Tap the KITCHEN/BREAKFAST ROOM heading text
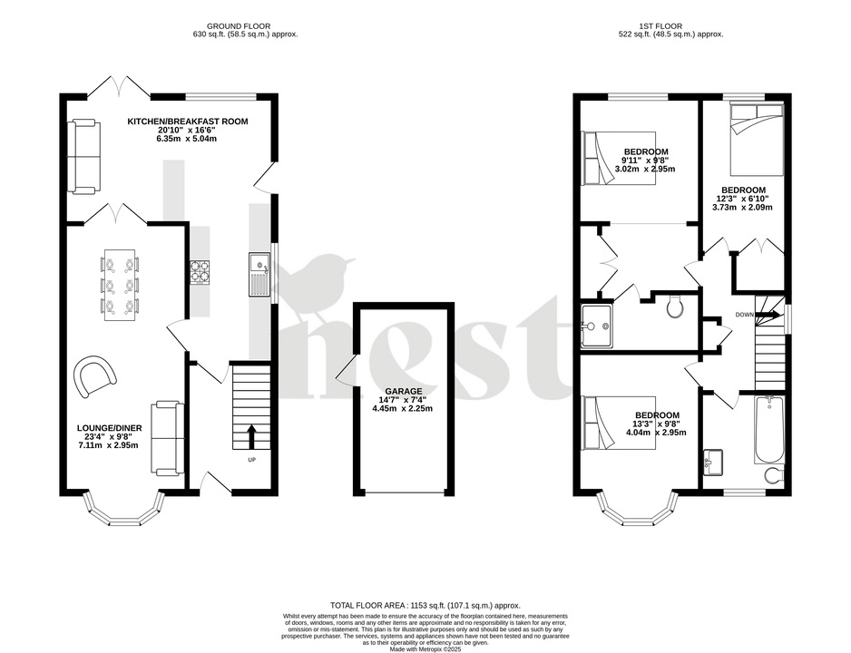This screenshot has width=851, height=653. pos(187,122)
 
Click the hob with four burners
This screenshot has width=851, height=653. pos(199,270)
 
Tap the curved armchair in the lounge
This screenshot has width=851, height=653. pos(95,375)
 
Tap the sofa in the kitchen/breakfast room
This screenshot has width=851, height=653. pos(82,156)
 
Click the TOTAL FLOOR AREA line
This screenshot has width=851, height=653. pos(425,605)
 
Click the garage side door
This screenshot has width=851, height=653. pos(344,370)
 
